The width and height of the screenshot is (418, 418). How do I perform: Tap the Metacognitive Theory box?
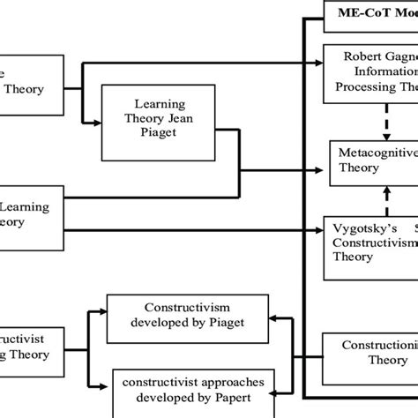(x=374, y=161)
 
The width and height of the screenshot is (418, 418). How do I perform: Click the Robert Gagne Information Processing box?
(x=374, y=71)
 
